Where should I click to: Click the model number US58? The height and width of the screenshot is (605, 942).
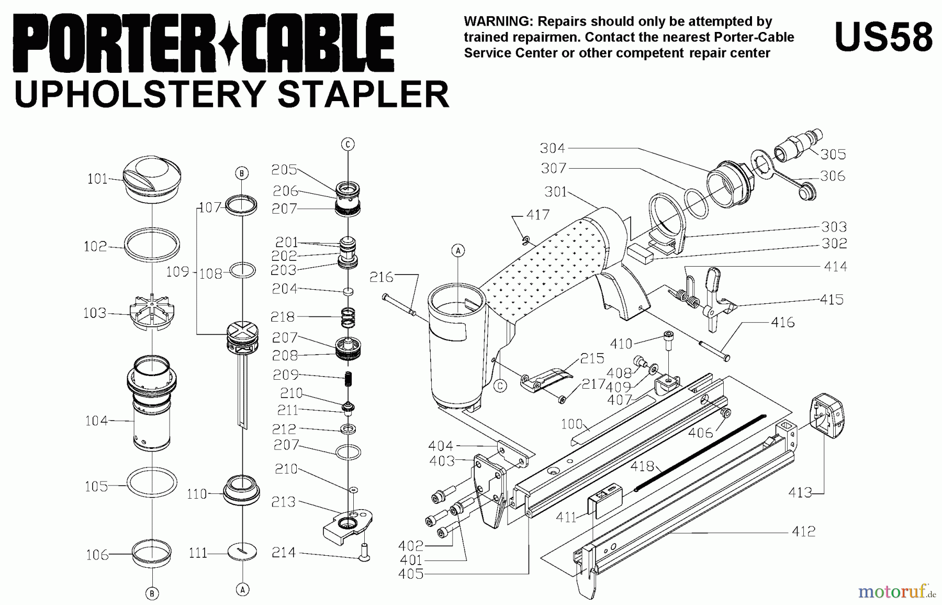pyautogui.click(x=883, y=37)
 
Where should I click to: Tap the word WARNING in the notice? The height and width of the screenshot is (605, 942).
pyautogui.click(x=498, y=21)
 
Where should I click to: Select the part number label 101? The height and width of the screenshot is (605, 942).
pyautogui.click(x=97, y=179)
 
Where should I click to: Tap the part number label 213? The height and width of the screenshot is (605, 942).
pyautogui.click(x=283, y=502)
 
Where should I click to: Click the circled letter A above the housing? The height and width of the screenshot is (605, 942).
pyautogui.click(x=458, y=250)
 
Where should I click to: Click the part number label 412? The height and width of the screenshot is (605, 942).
pyautogui.click(x=803, y=532)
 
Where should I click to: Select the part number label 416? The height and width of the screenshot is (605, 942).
pyautogui.click(x=782, y=322)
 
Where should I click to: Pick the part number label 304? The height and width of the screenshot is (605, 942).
pyautogui.click(x=553, y=148)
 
